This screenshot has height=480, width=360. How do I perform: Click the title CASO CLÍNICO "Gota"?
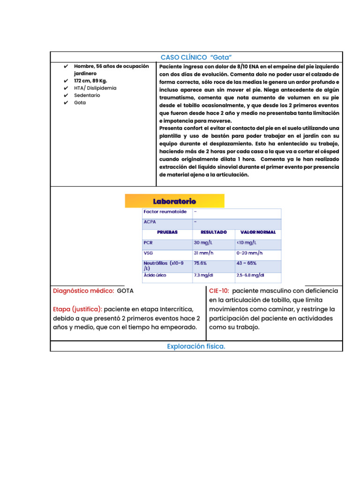(x=196, y=57)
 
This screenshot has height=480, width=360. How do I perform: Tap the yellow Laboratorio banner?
(x=174, y=201)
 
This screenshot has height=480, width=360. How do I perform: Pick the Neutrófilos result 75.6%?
(x=201, y=263)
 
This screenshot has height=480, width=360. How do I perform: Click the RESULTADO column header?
(x=213, y=232)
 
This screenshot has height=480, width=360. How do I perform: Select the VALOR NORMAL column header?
(x=258, y=232)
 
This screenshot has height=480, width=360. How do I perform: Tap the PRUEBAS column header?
(x=167, y=232)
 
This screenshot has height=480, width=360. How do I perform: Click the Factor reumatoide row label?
(x=165, y=211)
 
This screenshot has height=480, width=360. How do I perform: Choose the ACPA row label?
(x=150, y=222)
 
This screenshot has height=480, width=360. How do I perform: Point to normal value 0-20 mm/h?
(x=249, y=253)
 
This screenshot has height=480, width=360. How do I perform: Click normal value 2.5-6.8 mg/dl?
(x=250, y=275)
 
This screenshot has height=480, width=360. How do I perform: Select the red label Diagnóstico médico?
(x=83, y=291)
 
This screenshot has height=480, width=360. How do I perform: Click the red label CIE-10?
(x=219, y=291)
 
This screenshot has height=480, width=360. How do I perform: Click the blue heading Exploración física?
(x=196, y=346)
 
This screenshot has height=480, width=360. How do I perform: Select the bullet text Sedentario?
(x=87, y=95)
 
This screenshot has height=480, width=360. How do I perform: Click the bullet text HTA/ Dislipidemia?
(x=95, y=88)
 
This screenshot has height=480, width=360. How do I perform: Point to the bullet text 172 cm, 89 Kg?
(x=90, y=81)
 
